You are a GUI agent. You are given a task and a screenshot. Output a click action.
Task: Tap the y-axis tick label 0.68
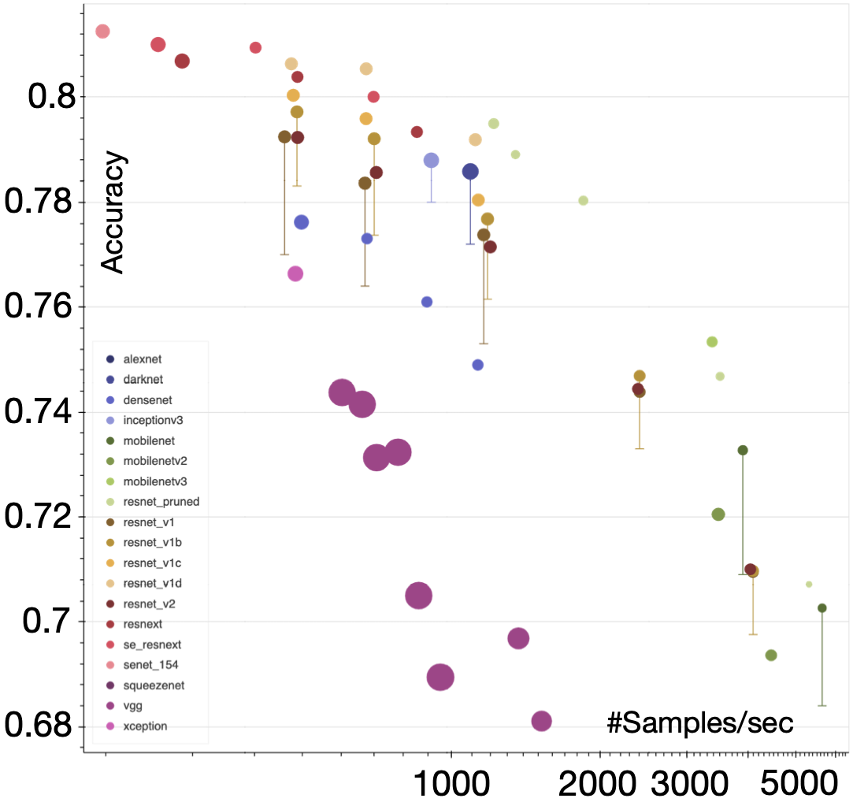(x=41, y=726)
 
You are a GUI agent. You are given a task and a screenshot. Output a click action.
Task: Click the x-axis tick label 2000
(x=600, y=782)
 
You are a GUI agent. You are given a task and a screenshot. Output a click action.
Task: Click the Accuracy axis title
(x=113, y=213)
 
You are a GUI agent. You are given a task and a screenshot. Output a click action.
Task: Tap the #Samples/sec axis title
(x=699, y=722)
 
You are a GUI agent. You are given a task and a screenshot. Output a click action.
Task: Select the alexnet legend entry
(x=143, y=358)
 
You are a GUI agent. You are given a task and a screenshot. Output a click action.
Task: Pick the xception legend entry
(x=145, y=726)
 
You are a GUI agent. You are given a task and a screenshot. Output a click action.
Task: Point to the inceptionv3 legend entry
(x=153, y=420)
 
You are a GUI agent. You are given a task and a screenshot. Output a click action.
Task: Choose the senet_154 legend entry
(x=150, y=664)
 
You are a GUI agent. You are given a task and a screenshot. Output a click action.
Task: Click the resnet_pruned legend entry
(x=161, y=501)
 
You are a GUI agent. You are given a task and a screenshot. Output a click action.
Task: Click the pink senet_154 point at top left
(x=102, y=32)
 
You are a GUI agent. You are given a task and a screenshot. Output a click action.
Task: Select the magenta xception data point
(x=295, y=273)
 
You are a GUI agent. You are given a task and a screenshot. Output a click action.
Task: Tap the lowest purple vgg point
(x=541, y=720)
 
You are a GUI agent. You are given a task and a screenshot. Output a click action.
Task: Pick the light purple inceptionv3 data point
(x=431, y=160)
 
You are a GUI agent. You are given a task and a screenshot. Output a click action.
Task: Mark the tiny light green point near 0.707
(x=809, y=584)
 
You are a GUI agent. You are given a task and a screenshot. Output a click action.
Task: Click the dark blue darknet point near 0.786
(x=470, y=172)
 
